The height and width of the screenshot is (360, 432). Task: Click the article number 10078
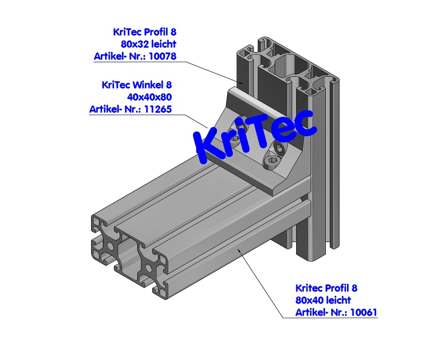163,56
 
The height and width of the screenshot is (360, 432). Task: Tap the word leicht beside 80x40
336,300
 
